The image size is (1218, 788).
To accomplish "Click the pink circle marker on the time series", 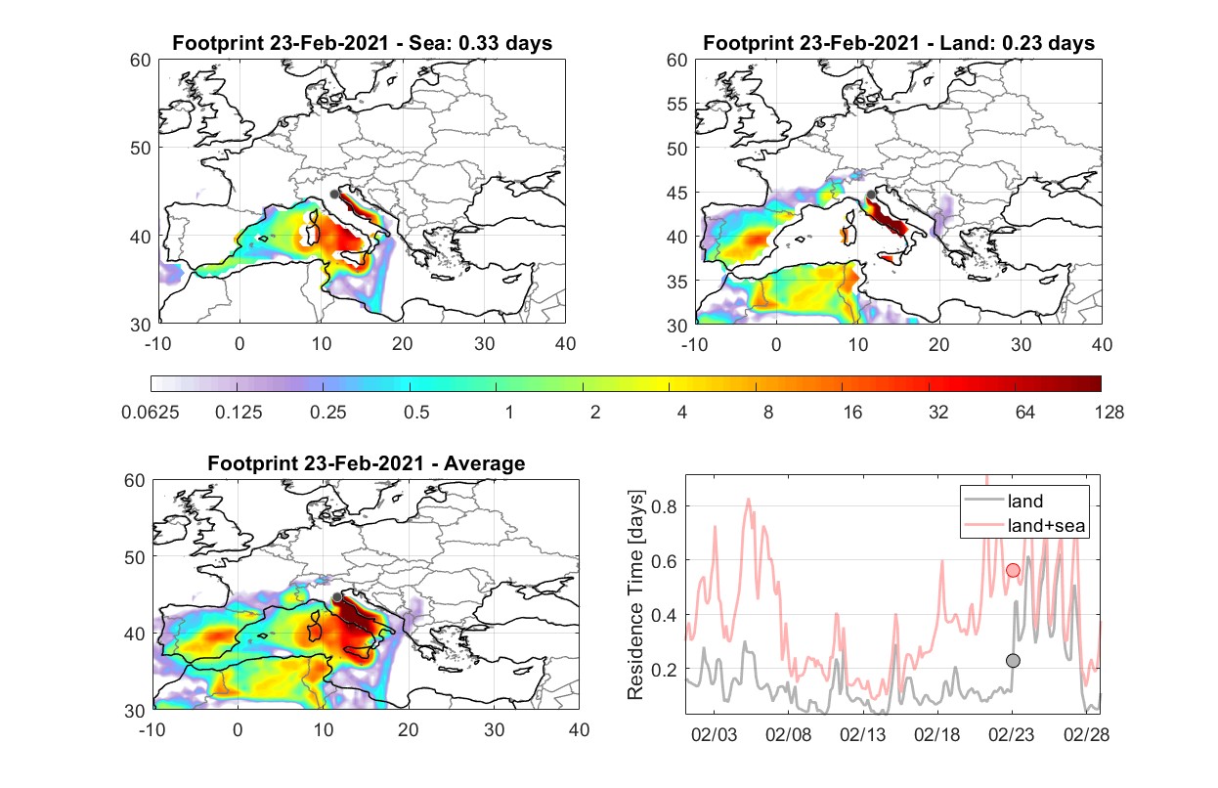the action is click(1013, 570).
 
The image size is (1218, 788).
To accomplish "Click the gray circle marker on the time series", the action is click(1013, 661).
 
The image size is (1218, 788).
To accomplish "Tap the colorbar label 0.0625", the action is click(151, 413).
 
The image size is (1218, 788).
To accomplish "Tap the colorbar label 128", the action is click(1109, 413).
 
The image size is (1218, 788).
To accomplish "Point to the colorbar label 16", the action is click(852, 413).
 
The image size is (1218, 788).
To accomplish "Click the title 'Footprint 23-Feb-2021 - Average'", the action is click(366, 463).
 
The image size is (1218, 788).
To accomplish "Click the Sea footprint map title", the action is click(362, 43).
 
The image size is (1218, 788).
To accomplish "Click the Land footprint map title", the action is click(898, 43).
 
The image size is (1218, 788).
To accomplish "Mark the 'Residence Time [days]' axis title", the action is click(635, 595).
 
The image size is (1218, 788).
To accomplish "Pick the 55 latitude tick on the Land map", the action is click(676, 104).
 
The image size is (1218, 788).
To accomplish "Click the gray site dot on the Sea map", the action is click(334, 195).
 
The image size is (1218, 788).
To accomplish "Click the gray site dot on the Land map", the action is click(871, 195).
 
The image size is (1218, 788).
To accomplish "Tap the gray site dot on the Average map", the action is click(337, 597).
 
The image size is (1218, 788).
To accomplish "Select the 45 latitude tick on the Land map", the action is click(676, 193).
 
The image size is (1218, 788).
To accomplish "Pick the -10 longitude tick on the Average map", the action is click(152, 729).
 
